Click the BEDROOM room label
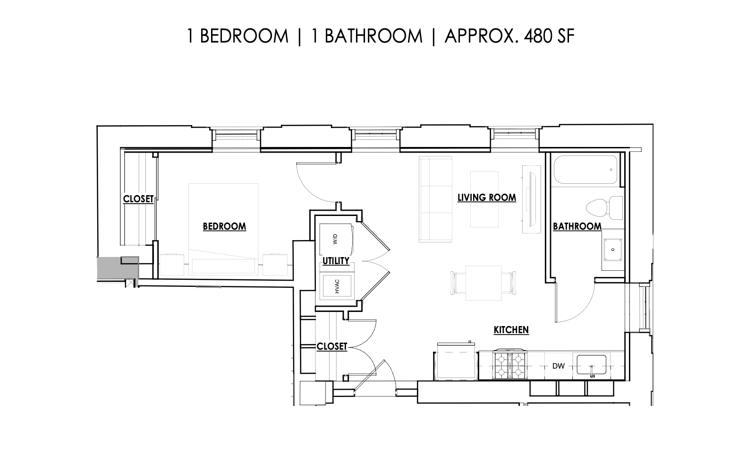point(224,226)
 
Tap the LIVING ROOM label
point(487,198)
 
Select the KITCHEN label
point(511,330)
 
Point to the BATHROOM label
point(577,226)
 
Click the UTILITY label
point(336,261)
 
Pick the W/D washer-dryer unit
point(336,240)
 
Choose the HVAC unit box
point(337,285)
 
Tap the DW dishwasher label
point(559,366)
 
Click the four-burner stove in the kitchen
point(509,365)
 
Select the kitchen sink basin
point(591,364)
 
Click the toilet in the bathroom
point(604,207)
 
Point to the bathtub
point(585,170)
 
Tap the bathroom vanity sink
point(612,250)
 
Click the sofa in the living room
point(435,199)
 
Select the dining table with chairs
point(484,283)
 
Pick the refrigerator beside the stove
point(456,361)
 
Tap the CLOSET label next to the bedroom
point(138,199)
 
